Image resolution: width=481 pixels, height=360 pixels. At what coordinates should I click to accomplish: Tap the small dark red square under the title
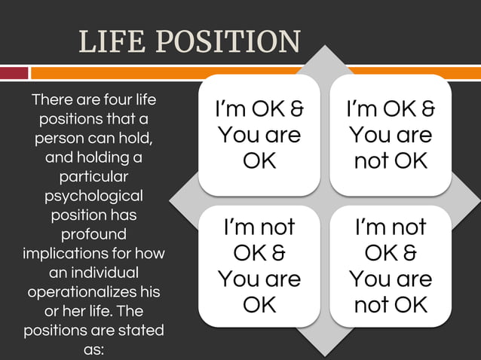pyautogui.click(x=14, y=73)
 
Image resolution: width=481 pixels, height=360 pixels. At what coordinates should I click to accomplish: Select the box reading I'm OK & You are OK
pyautogui.click(x=259, y=135)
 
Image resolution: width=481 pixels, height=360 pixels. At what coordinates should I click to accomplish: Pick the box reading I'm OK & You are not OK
pyautogui.click(x=391, y=135)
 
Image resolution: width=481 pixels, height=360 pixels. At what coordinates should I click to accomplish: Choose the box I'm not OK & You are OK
pyautogui.click(x=259, y=266)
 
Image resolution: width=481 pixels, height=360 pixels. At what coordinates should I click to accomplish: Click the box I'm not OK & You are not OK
pyautogui.click(x=391, y=266)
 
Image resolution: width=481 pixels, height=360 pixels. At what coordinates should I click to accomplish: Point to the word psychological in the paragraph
pyautogui.click(x=94, y=196)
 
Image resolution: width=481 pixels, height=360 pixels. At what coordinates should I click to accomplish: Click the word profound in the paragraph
pyautogui.click(x=94, y=234)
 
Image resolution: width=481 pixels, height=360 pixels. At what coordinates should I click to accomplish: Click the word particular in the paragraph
pyautogui.click(x=94, y=177)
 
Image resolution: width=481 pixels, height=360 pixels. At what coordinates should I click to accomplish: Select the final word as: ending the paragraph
pyautogui.click(x=94, y=349)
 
